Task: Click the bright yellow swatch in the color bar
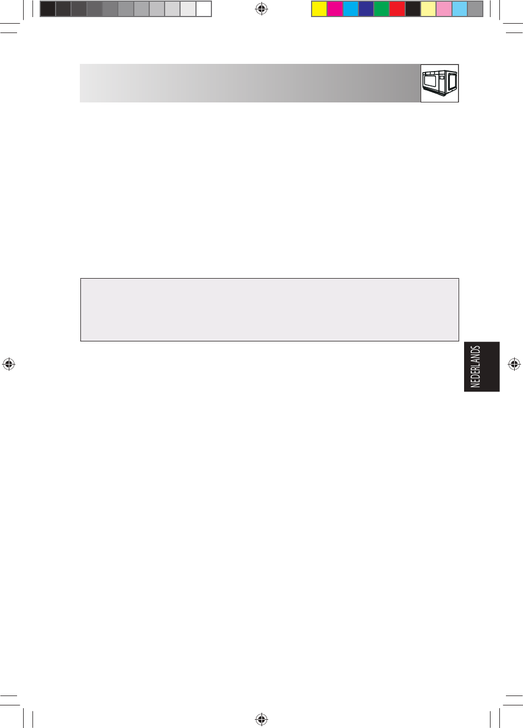(x=319, y=9)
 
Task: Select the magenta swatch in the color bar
(x=335, y=9)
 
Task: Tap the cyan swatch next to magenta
(x=351, y=9)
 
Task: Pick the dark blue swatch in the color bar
(x=366, y=9)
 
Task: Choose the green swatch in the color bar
(x=382, y=9)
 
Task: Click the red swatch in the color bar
(x=397, y=9)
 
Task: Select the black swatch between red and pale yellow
(x=413, y=9)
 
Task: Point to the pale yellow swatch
(x=428, y=9)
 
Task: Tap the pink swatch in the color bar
(x=444, y=9)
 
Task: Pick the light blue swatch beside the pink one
(x=460, y=9)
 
